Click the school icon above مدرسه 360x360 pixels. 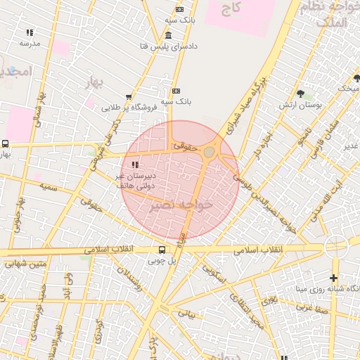point(30,32)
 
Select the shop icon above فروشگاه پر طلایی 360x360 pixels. point(128,98)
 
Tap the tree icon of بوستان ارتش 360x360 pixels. point(301,93)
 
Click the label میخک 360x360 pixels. point(347,89)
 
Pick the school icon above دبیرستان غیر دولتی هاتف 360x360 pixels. point(134,165)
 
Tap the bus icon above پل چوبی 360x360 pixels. point(162,250)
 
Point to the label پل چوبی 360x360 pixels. point(162,260)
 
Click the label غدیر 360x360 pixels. point(350,146)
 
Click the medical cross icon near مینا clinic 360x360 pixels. point(333,278)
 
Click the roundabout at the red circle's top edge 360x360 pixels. point(209,151)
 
